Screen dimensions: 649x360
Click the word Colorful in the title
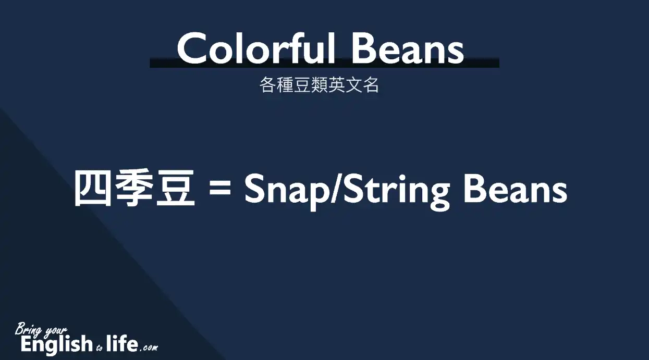(x=256, y=48)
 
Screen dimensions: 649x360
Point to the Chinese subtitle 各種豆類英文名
(x=319, y=85)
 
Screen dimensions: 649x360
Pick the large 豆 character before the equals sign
(x=176, y=188)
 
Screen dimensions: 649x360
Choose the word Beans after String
(x=516, y=190)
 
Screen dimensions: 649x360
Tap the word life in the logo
(x=122, y=343)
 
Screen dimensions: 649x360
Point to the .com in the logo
(x=149, y=347)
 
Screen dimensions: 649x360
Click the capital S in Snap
(x=254, y=189)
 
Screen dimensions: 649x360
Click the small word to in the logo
(x=100, y=348)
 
